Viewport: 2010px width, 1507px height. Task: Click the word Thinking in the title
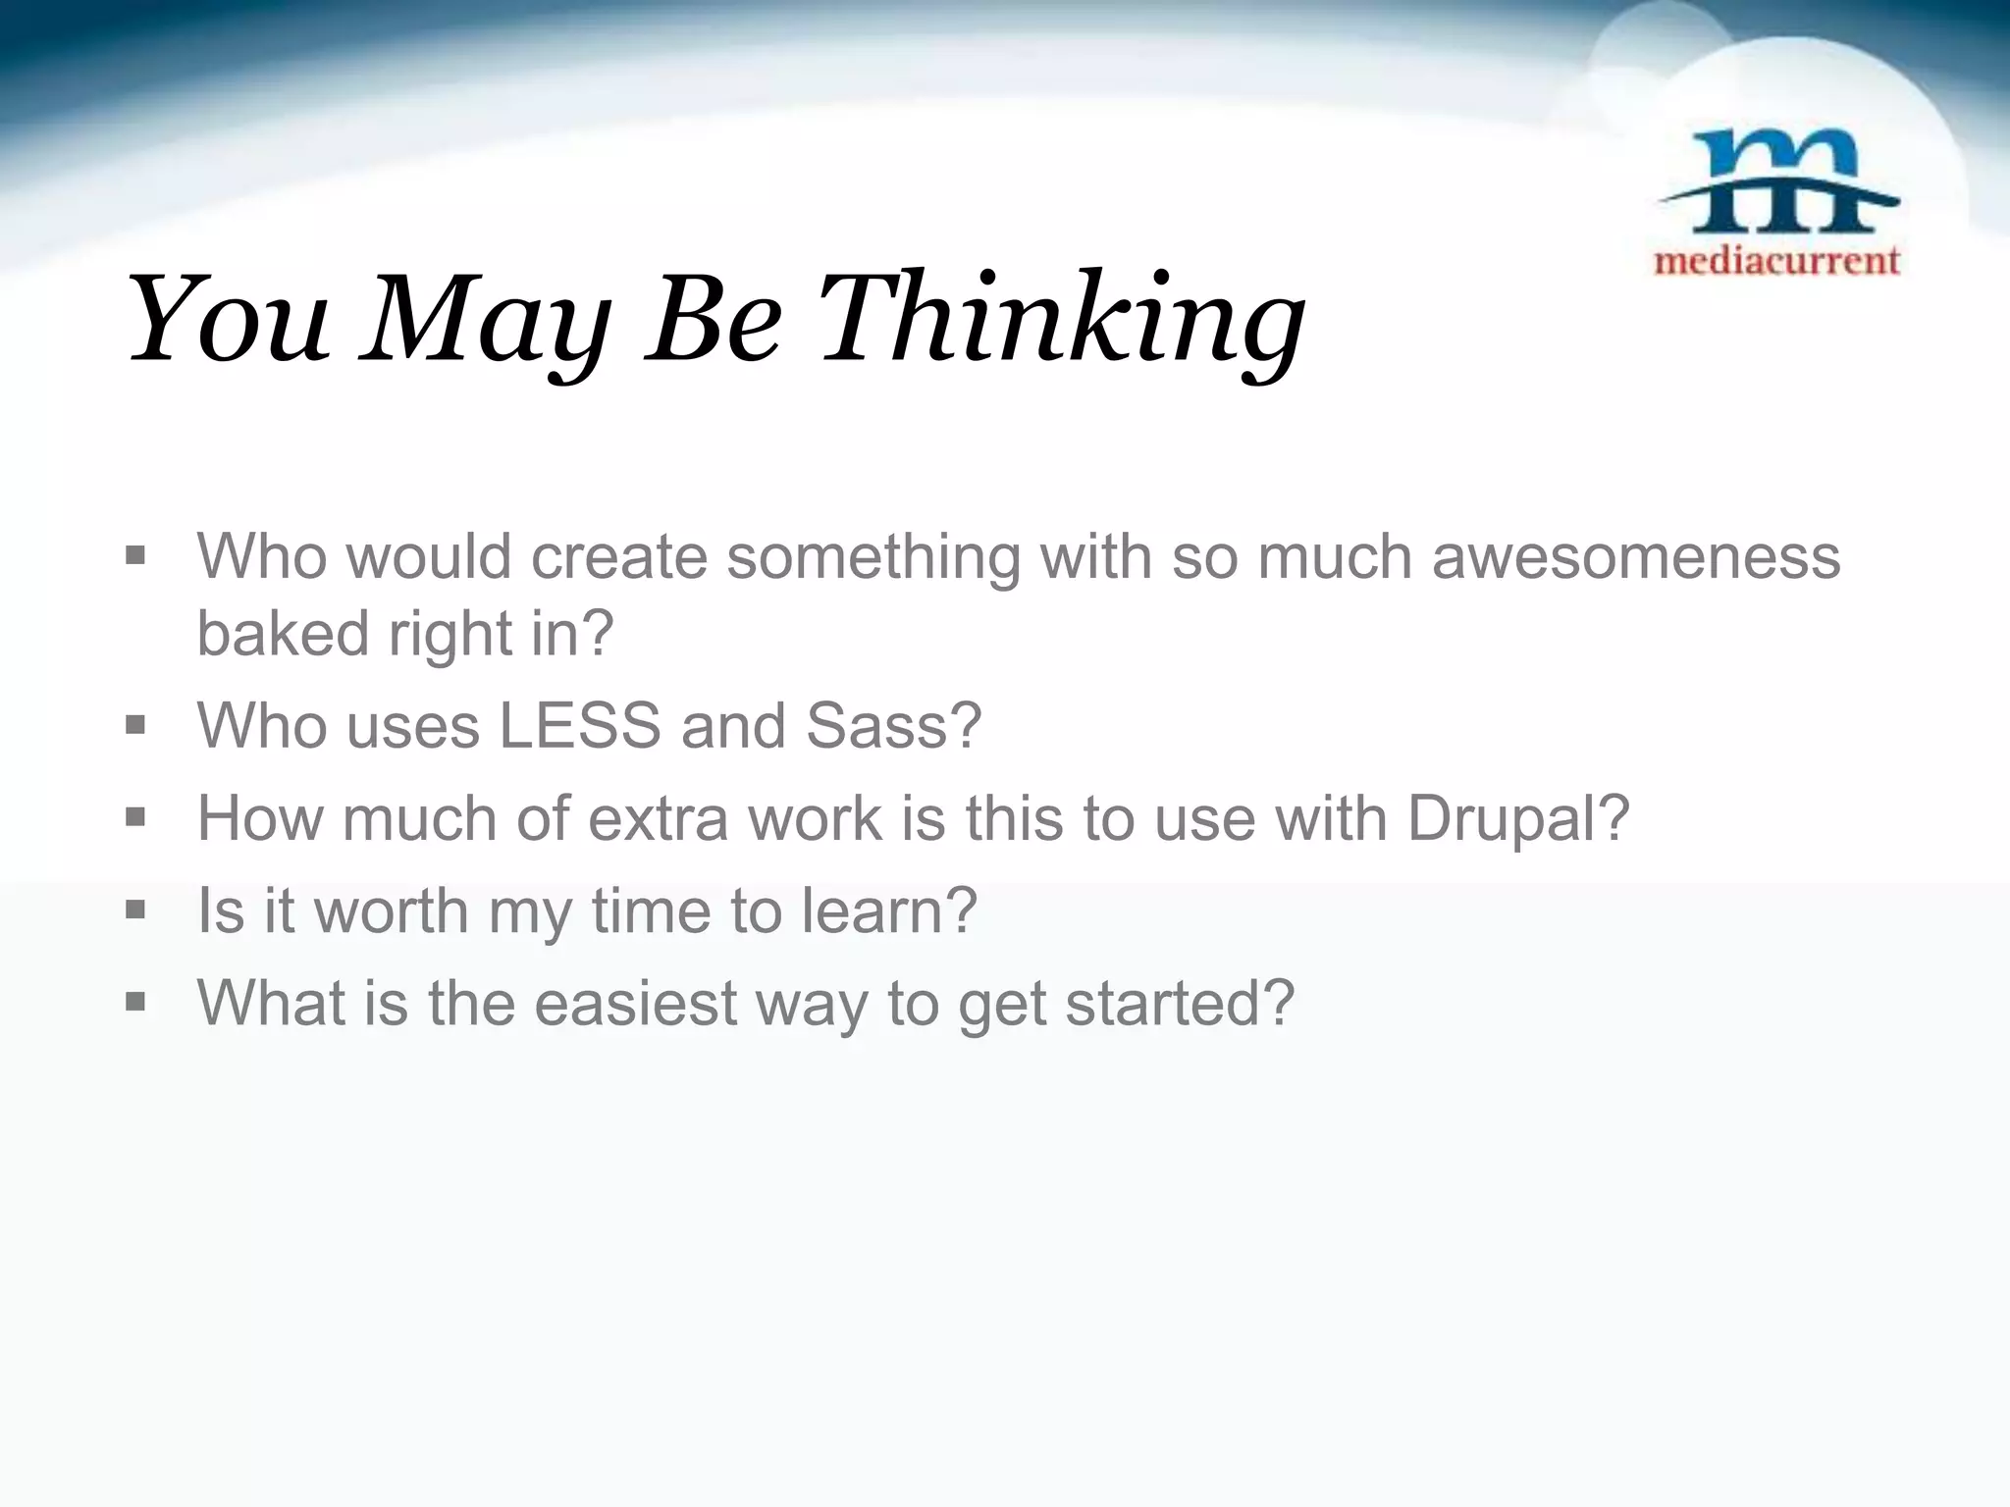pyautogui.click(x=1061, y=320)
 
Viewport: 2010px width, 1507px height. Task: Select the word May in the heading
pyautogui.click(x=486, y=320)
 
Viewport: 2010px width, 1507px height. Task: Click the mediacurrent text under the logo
pyautogui.click(x=1777, y=260)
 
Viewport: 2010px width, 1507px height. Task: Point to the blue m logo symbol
pyautogui.click(x=1777, y=182)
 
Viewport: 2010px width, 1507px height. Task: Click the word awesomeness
pyautogui.click(x=1636, y=556)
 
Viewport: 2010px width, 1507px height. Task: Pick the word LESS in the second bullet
pyautogui.click(x=580, y=725)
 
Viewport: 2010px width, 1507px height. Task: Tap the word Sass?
pyautogui.click(x=893, y=725)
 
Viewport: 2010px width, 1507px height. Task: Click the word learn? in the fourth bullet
pyautogui.click(x=889, y=909)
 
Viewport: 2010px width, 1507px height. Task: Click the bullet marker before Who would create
pyautogui.click(x=136, y=556)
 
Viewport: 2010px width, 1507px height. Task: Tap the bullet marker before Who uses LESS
pyautogui.click(x=136, y=725)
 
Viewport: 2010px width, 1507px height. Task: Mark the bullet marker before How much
pyautogui.click(x=136, y=817)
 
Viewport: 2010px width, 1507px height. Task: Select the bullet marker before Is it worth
pyautogui.click(x=136, y=909)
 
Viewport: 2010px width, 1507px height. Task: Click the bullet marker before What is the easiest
pyautogui.click(x=136, y=1002)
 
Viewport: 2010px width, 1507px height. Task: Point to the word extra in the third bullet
pyautogui.click(x=658, y=817)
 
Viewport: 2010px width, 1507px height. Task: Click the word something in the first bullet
pyautogui.click(x=873, y=556)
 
